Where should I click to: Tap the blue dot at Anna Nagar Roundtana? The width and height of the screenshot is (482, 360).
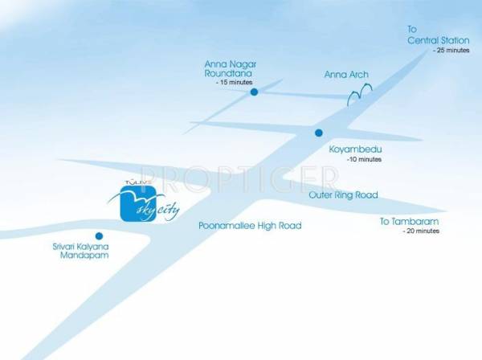(254, 92)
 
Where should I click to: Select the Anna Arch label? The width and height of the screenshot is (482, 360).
(346, 75)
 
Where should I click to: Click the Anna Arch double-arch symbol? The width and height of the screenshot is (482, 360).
(357, 96)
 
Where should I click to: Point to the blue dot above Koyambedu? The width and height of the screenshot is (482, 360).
(319, 133)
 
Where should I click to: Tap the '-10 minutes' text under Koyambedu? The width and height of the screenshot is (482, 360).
(364, 160)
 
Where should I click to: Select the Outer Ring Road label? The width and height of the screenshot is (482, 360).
(343, 195)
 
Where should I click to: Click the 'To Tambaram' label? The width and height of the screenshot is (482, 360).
(410, 221)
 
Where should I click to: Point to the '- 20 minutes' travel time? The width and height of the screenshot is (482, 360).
(421, 231)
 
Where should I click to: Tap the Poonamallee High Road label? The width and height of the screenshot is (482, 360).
(250, 227)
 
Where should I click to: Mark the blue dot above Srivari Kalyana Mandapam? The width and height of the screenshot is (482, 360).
(99, 235)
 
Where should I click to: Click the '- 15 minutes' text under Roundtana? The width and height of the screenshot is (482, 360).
(234, 83)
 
